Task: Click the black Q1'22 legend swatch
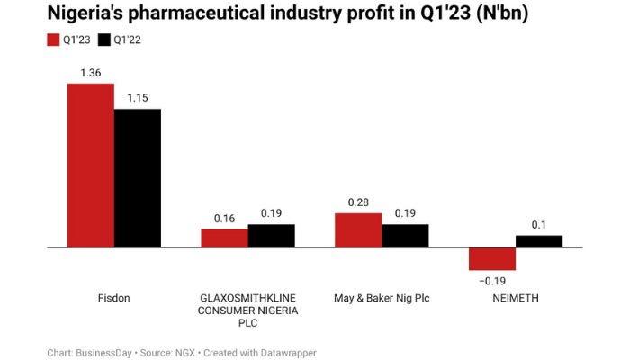point(103,40)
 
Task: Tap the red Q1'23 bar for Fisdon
point(90,165)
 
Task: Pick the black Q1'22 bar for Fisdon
point(137,177)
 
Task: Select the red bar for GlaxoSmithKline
point(224,238)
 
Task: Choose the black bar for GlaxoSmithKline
point(271,236)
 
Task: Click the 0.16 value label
point(224,219)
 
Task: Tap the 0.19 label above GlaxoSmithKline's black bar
point(271,214)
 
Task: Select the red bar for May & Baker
point(358,230)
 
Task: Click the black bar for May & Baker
point(405,236)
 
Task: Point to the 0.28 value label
point(358,203)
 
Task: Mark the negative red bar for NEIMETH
point(492,258)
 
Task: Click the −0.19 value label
point(492,281)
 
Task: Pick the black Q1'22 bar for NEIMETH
point(539,241)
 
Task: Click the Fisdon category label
point(113,298)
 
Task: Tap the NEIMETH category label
point(516,298)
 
